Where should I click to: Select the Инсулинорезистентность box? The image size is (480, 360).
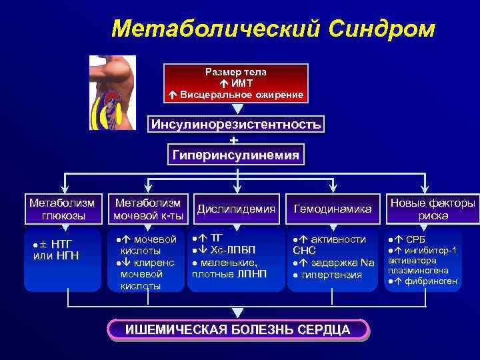(x=236, y=125)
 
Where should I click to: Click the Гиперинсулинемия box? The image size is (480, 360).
(x=236, y=155)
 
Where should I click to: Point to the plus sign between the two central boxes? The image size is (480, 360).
(x=233, y=140)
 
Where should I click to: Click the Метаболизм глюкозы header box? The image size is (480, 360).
(x=62, y=208)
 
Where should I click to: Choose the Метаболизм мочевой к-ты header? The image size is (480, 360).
(x=148, y=208)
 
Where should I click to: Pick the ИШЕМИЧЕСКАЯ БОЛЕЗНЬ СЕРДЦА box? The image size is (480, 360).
(x=238, y=329)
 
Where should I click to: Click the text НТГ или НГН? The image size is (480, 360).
(x=56, y=251)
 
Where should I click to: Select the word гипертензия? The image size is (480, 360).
(x=331, y=275)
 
